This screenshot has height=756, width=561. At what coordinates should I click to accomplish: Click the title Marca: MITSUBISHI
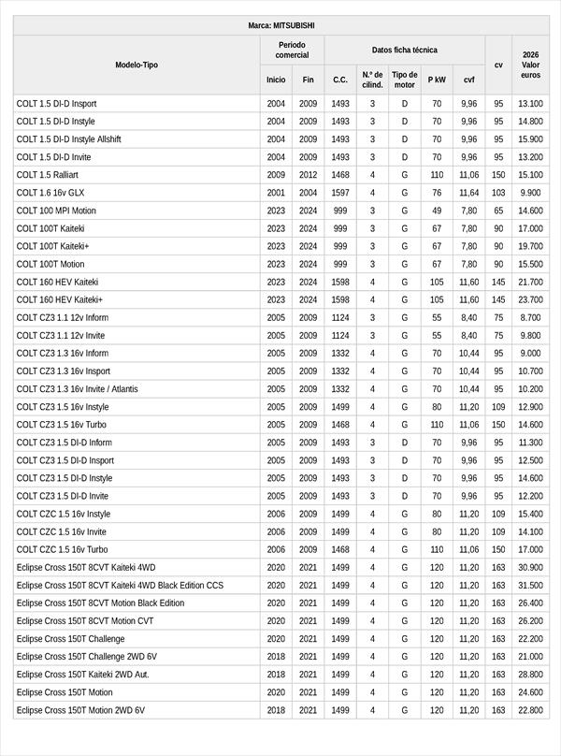tap(280, 25)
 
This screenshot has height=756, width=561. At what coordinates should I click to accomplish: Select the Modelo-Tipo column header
tap(137, 65)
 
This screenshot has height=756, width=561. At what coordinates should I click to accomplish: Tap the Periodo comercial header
tap(292, 51)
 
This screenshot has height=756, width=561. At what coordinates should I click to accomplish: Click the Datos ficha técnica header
tap(404, 50)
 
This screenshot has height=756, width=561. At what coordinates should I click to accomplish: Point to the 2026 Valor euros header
tap(530, 65)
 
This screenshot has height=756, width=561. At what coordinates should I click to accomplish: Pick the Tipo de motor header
tap(404, 80)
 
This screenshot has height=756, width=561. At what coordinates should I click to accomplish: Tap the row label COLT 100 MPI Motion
tap(56, 211)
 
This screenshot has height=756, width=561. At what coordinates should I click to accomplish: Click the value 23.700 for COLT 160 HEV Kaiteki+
tap(530, 299)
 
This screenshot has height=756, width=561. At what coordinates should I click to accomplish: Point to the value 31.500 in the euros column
tap(530, 586)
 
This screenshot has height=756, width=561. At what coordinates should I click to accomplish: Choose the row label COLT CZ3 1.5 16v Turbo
tap(62, 425)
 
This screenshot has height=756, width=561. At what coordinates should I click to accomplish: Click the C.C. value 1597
tap(340, 193)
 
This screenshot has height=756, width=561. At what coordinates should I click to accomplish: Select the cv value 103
tap(498, 193)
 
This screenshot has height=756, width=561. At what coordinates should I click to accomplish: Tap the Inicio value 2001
tap(276, 193)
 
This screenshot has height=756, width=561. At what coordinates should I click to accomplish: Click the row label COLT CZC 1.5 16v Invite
tap(62, 531)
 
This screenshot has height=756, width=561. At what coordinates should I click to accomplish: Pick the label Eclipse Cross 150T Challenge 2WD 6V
tap(87, 657)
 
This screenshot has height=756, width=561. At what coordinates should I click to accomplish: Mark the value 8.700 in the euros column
tap(530, 318)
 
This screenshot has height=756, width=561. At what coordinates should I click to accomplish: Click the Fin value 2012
tap(309, 175)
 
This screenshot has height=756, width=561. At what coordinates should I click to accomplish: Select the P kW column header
tap(437, 80)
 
